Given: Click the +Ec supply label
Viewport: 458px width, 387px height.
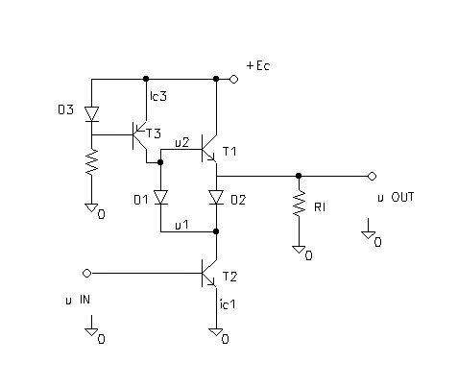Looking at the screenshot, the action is coord(258,65).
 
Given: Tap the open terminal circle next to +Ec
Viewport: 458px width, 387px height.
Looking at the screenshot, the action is coord(234,79).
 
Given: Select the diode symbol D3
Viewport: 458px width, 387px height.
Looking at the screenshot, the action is coord(91,114).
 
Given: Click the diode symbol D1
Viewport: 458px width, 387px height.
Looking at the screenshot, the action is coord(160,197).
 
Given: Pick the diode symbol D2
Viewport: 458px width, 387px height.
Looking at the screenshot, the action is coord(216,197).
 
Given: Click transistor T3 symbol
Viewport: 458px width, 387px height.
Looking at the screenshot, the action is coord(139,135).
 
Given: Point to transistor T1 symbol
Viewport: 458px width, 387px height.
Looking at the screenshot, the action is coord(209,149).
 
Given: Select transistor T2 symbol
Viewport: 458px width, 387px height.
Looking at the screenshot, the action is coord(209,273).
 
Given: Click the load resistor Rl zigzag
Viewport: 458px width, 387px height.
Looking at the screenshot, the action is coord(299,203).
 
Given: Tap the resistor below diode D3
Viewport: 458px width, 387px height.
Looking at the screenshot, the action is coord(92,162).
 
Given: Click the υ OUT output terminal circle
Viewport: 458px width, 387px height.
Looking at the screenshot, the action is coord(372,176).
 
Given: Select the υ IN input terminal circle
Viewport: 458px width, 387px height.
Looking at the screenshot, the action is coord(86,274).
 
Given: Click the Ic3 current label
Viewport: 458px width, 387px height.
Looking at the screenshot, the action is coord(158,96).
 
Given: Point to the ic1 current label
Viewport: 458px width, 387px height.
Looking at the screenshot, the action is coord(228,304).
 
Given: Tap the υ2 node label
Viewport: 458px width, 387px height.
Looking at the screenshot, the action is coord(182,142).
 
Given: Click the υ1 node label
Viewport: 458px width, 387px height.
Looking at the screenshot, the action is coord(181,225).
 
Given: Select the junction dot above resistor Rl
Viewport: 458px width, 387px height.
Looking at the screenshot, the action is coord(299,176).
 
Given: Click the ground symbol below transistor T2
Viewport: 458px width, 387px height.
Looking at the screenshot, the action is coord(216,332).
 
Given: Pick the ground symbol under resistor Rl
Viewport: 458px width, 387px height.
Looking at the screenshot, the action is coord(299,250).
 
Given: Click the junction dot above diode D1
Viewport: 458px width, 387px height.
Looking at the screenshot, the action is coord(160,162).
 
